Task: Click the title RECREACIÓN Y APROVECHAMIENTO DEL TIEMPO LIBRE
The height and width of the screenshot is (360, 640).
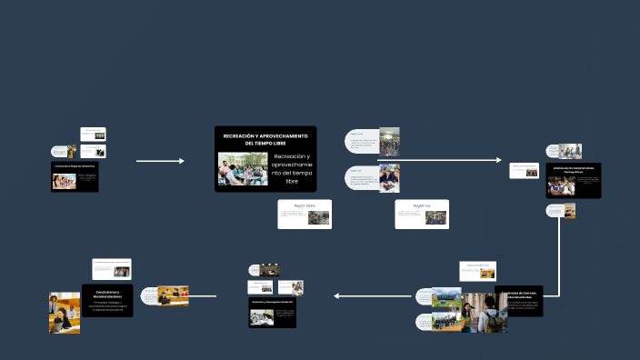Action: click(265, 139)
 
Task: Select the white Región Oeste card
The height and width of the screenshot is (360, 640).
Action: click(305, 215)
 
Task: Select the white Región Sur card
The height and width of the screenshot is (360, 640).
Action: click(422, 215)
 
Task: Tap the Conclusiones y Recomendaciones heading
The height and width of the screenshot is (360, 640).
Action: click(108, 293)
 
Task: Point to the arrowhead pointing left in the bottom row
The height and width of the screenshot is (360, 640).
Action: click(337, 295)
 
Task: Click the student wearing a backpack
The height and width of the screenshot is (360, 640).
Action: click(492, 315)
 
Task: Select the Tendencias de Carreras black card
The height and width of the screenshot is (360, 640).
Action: click(520, 300)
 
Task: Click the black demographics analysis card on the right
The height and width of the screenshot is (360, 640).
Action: click(574, 181)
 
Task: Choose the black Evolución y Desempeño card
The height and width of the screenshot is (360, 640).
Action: click(274, 312)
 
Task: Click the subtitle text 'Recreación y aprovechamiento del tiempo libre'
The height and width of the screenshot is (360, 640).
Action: click(292, 169)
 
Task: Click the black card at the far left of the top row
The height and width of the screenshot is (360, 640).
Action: click(75, 176)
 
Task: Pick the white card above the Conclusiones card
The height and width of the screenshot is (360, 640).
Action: click(112, 269)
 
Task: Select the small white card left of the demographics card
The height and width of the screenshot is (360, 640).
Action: click(525, 170)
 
